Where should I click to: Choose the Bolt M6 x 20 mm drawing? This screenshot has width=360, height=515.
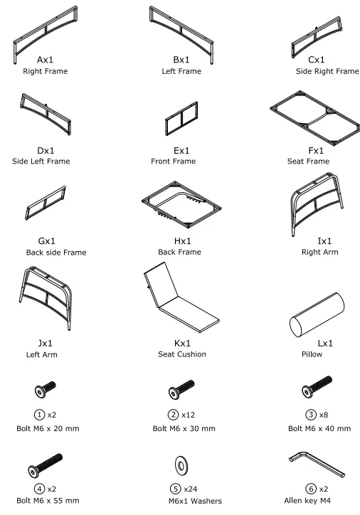[x=43, y=390]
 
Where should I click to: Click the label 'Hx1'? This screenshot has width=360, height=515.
[x=179, y=241]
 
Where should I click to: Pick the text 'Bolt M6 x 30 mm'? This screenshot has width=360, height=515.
[x=184, y=429]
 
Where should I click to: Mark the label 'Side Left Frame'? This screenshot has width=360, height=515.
[x=41, y=161]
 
